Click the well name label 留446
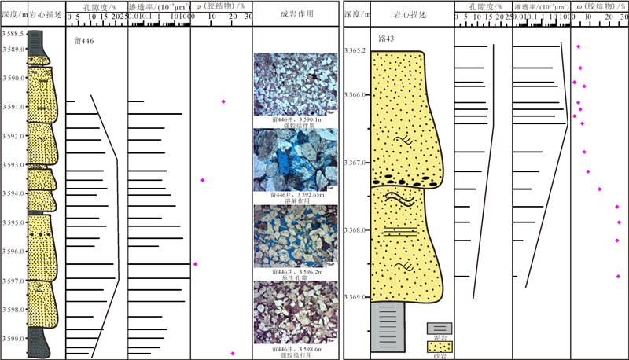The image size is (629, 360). pos(83,40)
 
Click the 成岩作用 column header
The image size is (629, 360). pos(295,14)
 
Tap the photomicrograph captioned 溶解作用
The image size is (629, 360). pos(295,160)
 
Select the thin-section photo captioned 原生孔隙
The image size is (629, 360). pos(295,237)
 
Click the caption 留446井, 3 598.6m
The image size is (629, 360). pos(295,347)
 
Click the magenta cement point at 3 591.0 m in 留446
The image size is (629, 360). pos(223,101)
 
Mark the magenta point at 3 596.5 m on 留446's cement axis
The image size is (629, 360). pos(196,264)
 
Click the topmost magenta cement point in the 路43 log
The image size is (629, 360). pos(579,47)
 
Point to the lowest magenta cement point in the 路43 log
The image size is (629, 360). pos(618,276)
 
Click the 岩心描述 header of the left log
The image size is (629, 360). pos(46,14)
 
